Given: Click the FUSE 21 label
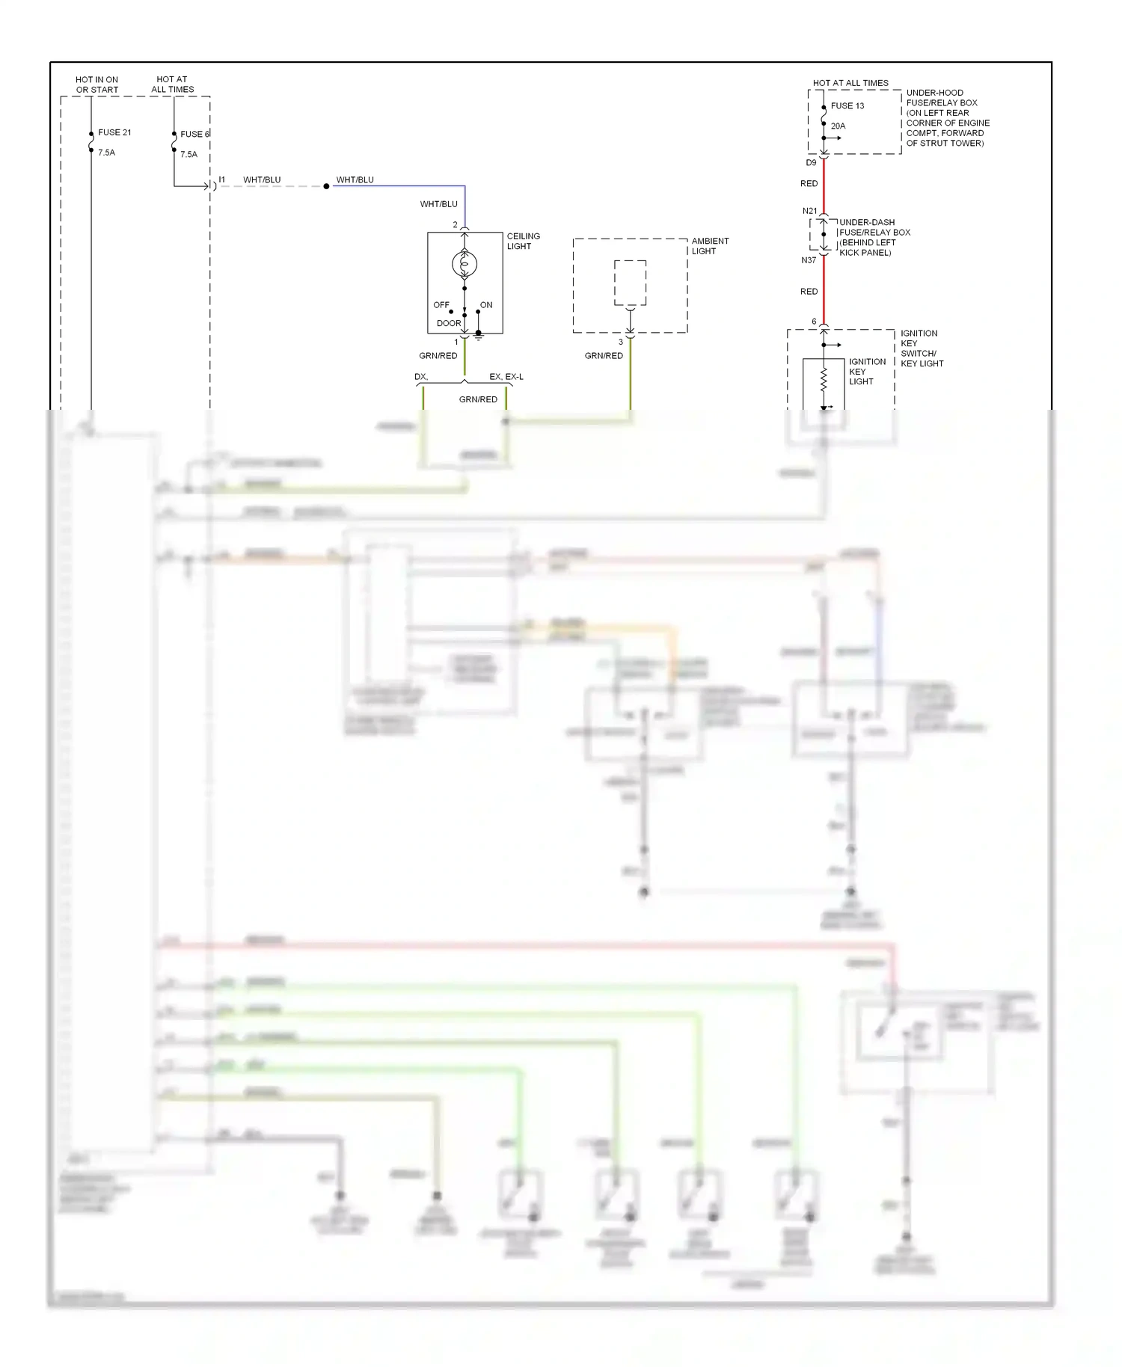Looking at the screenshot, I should pos(114,132).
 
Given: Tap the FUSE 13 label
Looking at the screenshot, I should pos(847,106).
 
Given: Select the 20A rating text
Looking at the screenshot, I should pos(838,126).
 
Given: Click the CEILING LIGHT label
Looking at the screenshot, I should pos(523,241).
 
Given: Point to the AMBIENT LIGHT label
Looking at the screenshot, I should pos(709,246).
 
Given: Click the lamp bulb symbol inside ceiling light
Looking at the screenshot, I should pos(465,263).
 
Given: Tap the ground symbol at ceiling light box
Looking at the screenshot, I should pos(479,337).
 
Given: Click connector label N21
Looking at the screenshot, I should pos(809,211).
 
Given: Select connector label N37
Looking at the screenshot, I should pos(809,260).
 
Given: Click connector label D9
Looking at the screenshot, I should pos(811,163).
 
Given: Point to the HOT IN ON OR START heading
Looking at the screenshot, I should pos(97,85).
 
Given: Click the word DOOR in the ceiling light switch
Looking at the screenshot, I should pos(449,323).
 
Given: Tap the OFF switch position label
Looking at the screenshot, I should pos(441,305).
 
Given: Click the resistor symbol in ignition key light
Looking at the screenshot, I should pos(824,379).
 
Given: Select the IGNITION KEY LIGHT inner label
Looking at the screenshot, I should pos(866,372).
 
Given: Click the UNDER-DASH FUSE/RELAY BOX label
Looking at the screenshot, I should pos(874,237).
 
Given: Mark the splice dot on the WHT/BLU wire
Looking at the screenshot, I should pos(326,186).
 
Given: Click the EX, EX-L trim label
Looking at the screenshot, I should pos(506,377).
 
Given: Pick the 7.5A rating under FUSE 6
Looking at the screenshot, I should pos(188,155).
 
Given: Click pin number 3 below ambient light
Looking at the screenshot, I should pos(620,342).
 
